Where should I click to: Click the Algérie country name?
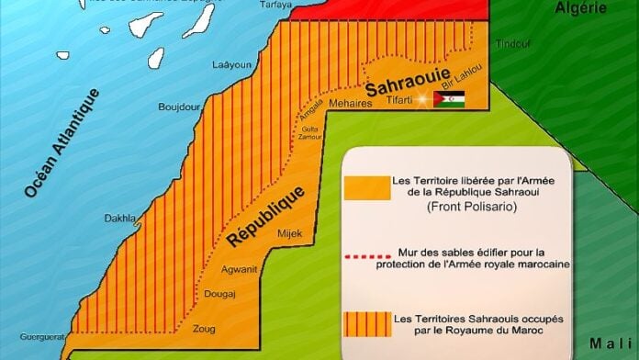tap(581, 8)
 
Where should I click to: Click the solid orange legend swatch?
tap(365, 186)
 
